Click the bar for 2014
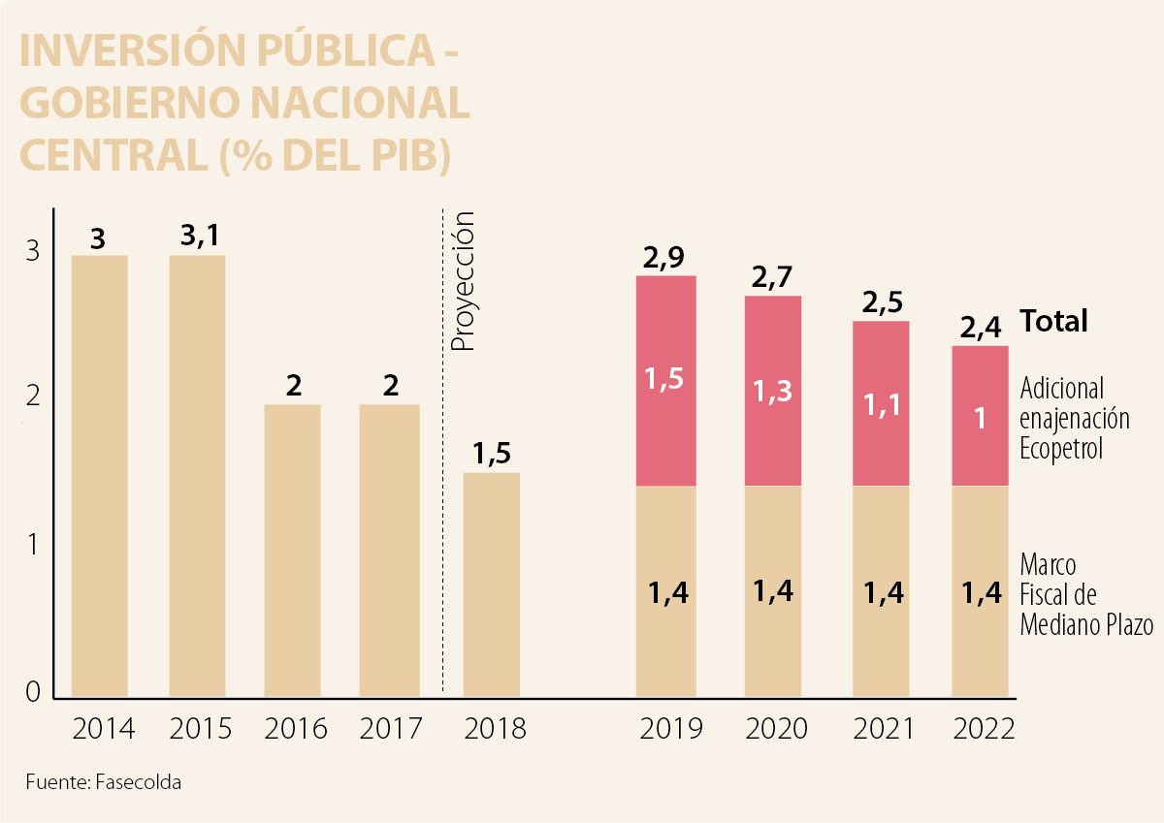[100, 475]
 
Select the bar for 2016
[293, 550]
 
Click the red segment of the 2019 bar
[665, 381]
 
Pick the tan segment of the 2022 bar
[981, 590]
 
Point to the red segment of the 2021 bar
[881, 403]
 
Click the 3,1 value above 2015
[200, 236]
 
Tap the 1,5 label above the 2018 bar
[492, 454]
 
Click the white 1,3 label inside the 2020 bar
[773, 391]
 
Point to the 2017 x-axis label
[391, 729]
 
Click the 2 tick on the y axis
[32, 396]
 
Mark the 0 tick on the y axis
[32, 692]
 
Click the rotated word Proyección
[465, 281]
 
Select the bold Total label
[1053, 321]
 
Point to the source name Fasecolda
[138, 781]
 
